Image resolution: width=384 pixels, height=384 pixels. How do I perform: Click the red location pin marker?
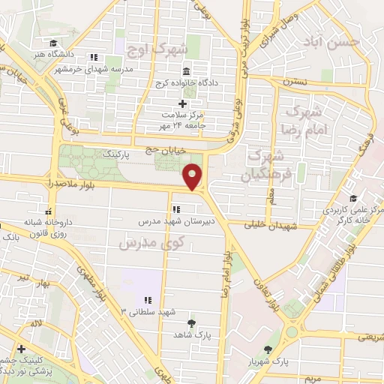click(193, 177)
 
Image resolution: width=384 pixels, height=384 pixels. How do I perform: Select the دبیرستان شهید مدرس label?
click(172, 222)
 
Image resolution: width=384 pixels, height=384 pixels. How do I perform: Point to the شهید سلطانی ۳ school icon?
click(147, 299)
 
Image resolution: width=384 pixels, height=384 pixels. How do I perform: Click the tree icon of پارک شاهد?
click(191, 322)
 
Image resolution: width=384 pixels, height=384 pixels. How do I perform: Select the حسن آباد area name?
click(337, 43)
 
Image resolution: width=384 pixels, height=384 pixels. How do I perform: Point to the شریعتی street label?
click(368, 337)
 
